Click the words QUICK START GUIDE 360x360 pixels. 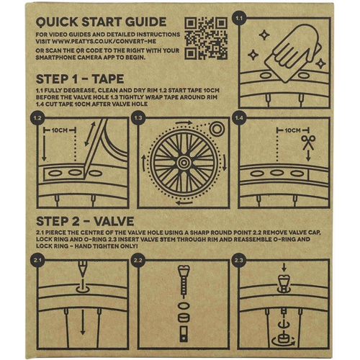102,21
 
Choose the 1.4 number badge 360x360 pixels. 240,116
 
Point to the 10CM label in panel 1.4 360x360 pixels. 274,132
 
